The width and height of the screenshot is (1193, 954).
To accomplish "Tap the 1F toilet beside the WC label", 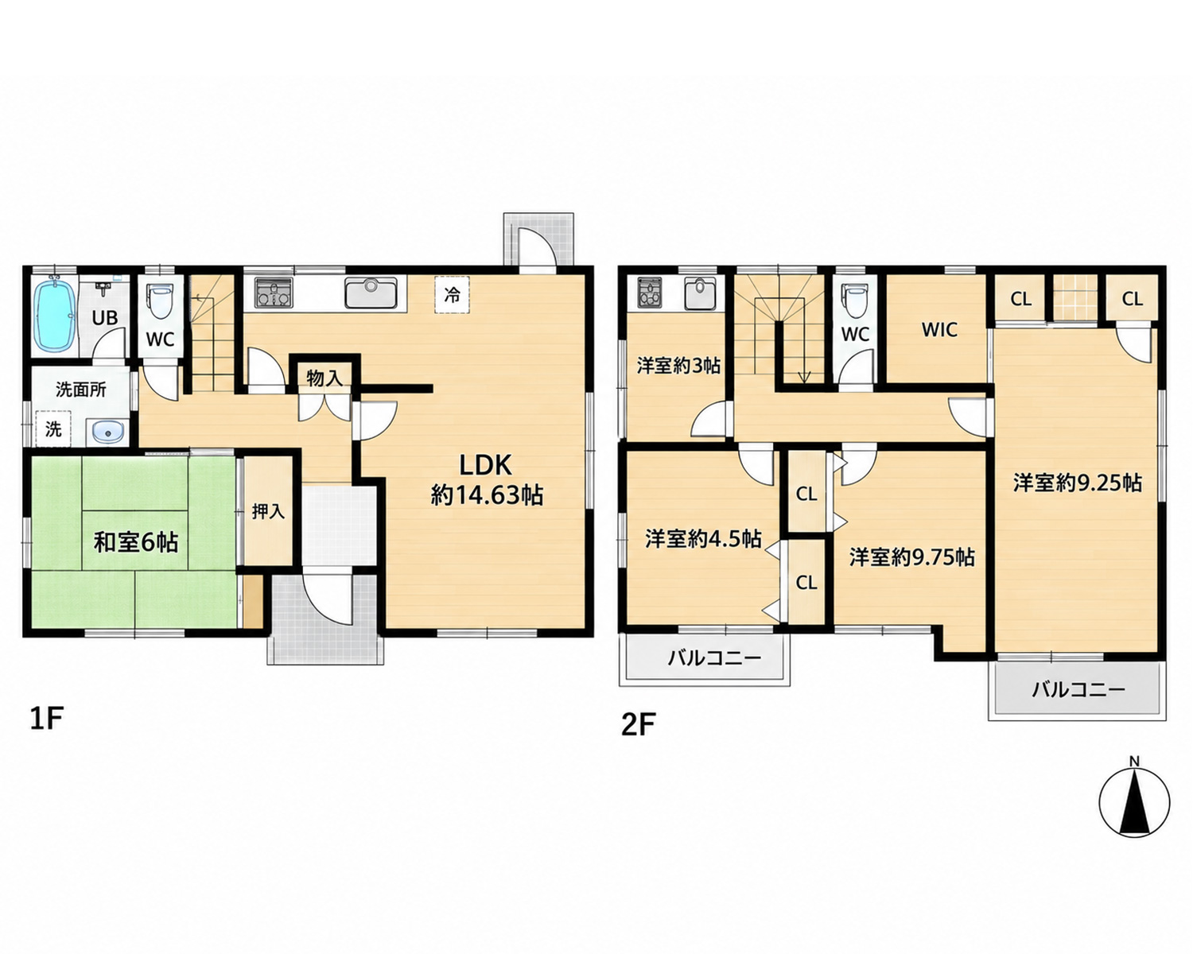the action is (x=161, y=301).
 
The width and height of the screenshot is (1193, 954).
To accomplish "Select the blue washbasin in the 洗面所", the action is (x=107, y=431).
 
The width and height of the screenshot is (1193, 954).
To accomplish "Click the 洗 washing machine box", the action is (x=53, y=429).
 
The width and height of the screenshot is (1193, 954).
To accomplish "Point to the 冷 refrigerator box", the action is (x=452, y=295).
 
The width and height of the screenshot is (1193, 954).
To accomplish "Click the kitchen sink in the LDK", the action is (x=371, y=292).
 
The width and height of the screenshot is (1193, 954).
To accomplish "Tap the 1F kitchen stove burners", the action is (x=274, y=293).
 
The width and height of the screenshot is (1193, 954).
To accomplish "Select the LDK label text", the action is (x=486, y=466).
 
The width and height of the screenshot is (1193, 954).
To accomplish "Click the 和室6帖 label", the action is (x=136, y=541).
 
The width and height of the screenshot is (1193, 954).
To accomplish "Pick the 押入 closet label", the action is (x=268, y=512).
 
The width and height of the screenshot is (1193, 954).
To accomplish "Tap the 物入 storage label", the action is (x=324, y=378).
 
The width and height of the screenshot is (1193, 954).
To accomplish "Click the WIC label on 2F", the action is (x=939, y=330).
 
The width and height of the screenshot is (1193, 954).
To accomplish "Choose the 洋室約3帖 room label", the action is (x=678, y=366).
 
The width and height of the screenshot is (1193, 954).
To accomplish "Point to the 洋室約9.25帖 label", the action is (x=1077, y=483).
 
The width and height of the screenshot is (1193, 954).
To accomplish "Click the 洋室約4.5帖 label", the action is (x=703, y=538).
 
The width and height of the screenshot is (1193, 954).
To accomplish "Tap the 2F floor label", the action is (x=639, y=726).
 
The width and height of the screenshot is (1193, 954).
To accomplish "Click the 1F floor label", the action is (x=47, y=719).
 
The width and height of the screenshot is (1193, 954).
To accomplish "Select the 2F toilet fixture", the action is (x=855, y=301).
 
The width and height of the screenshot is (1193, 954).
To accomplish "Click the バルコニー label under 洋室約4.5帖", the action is (x=714, y=658).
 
